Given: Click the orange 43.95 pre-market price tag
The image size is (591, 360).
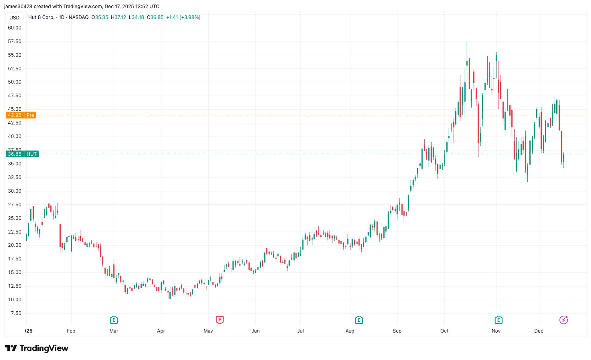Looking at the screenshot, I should coord(15,115).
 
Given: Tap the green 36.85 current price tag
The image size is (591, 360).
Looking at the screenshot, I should coord(15,154).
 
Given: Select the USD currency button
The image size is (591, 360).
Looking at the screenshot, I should coord(14,18).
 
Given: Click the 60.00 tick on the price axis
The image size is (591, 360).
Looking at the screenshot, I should coord(15,28).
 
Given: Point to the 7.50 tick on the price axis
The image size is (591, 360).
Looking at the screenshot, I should coord(16,313).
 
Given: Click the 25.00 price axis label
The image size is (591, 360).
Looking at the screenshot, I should coord(15,218).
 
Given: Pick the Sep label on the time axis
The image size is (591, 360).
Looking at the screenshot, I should coord(397,331).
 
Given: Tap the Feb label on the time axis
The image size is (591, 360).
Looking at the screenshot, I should coord(71,331).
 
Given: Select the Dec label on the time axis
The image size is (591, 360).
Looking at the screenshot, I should coord(539,331).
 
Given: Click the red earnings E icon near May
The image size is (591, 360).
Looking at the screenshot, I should coord(219,320).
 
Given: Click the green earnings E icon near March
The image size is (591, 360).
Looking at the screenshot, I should coord(114,320).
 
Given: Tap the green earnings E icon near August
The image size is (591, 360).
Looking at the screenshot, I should coord(359,320).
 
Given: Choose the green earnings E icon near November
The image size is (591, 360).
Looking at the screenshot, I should coord(498,320).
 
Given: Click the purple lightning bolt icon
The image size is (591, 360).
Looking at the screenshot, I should coord(563,320).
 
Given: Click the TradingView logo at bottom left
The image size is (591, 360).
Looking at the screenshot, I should coord(37,348).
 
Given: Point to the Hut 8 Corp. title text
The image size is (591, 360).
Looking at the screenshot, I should coord(41,17).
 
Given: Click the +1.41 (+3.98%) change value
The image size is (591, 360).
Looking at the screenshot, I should coord(183,17).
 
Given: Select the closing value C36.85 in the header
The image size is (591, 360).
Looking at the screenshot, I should coord(155,17).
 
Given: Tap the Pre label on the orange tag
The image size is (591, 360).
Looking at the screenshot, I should coord(30,115).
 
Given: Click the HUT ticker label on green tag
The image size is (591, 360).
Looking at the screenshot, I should coord(32,154).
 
